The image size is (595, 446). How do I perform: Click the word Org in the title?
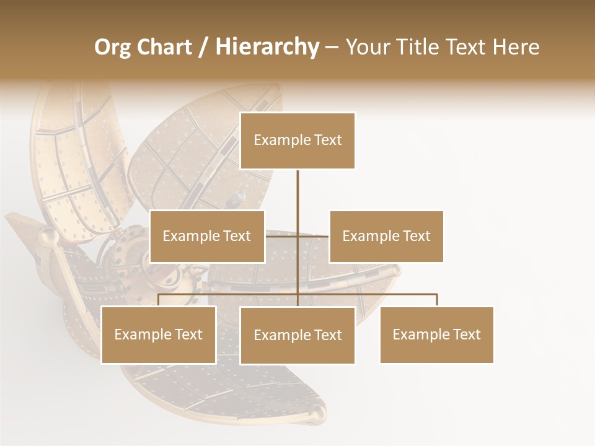coord(112,47)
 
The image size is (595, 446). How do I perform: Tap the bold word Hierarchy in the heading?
coord(267,47)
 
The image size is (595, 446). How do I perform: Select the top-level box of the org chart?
coord(297,141)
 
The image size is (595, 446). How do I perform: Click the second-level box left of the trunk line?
coord(207,236)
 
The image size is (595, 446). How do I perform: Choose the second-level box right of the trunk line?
coord(386,236)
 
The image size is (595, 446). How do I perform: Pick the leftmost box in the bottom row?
coord(159,334)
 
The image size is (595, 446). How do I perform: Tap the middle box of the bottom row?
coord(297,335)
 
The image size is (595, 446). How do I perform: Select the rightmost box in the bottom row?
coord(437,334)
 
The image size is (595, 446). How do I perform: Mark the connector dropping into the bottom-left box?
coord(159,300)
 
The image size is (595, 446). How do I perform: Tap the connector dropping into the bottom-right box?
coord(437,300)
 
